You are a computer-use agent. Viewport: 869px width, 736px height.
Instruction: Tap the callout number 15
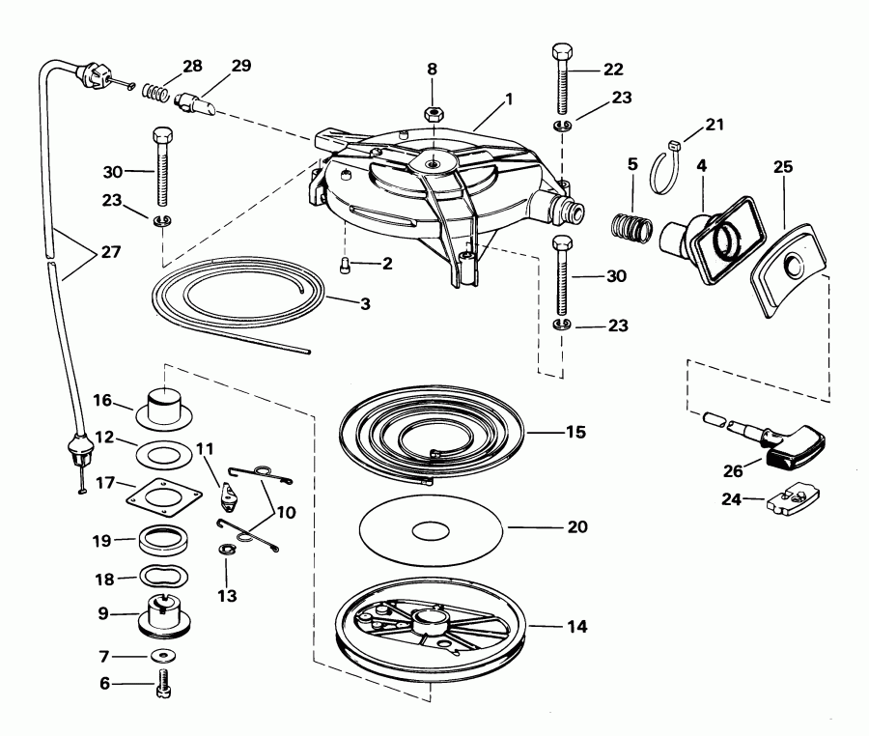(x=575, y=432)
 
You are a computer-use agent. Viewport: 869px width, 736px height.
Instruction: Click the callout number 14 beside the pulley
(x=576, y=626)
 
